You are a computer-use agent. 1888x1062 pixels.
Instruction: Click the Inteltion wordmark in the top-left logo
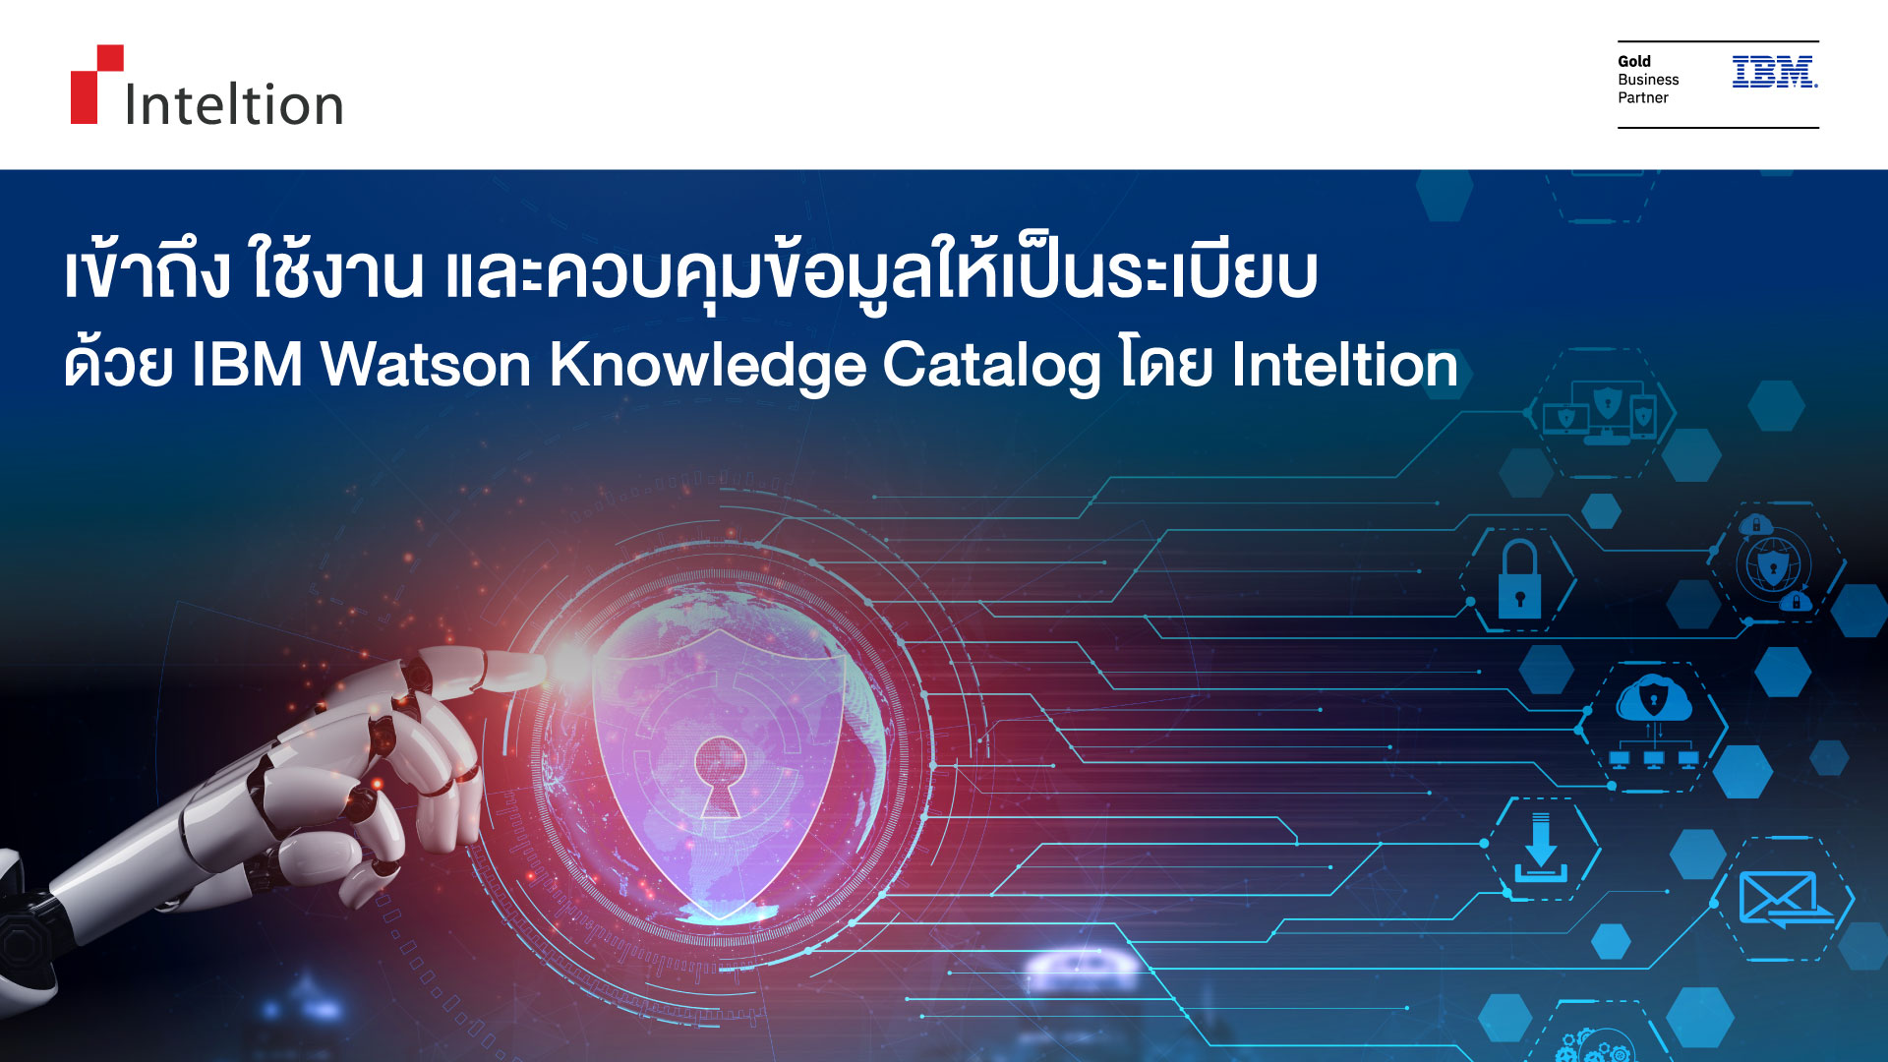tap(234, 104)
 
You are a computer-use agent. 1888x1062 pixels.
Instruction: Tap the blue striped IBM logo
tap(1774, 72)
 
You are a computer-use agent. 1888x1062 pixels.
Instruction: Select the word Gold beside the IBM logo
tap(1634, 61)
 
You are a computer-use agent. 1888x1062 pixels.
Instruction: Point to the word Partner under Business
tap(1643, 97)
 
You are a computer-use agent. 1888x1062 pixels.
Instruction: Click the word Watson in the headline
tap(426, 365)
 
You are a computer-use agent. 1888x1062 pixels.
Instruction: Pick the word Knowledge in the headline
tap(707, 367)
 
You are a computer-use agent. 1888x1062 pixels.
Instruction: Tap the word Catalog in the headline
tap(991, 367)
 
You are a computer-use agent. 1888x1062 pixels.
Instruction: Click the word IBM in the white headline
tap(247, 365)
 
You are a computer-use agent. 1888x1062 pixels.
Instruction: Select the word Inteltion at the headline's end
tap(1344, 365)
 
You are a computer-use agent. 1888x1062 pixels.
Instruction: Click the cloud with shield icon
tap(1653, 700)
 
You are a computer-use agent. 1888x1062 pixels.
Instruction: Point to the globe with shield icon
tap(1774, 565)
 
